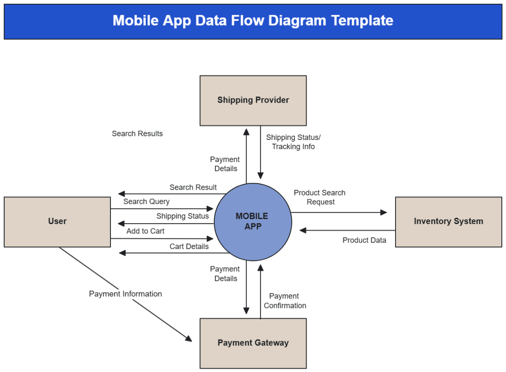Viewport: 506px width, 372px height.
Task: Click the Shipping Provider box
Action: point(253,100)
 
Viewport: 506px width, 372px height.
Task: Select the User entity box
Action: point(57,222)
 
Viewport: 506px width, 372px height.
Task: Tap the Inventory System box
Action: point(448,222)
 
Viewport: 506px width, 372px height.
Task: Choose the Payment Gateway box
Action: point(253,343)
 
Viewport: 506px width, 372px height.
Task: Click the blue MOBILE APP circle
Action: point(253,222)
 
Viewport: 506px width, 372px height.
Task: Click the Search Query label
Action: point(146,201)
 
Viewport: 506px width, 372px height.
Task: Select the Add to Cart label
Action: point(145,231)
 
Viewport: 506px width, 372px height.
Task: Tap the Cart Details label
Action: point(189,246)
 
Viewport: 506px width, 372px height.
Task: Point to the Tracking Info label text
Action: point(293,147)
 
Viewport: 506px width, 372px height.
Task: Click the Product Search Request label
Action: point(320,197)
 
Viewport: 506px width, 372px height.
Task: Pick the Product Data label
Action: point(364,240)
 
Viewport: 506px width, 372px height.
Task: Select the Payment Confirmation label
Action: point(285,301)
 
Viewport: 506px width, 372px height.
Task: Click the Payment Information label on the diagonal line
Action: point(125,294)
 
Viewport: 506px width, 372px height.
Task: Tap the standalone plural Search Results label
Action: point(137,134)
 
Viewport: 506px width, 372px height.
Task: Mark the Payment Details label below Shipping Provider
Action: point(225,164)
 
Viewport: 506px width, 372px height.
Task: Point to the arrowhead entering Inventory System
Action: point(384,212)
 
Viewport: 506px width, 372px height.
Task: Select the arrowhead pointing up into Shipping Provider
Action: point(246,130)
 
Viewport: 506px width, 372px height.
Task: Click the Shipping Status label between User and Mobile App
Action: point(183,216)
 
